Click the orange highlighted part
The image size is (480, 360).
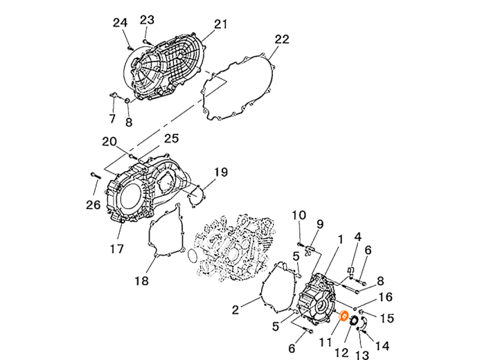tap(344, 316)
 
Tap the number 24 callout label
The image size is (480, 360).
tap(120, 23)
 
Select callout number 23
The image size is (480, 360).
tap(147, 20)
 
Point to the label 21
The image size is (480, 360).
tap(220, 24)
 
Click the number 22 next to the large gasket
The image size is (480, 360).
tap(282, 39)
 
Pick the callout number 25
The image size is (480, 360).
tap(171, 138)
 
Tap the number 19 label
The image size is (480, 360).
tap(221, 172)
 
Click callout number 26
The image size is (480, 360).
tap(94, 205)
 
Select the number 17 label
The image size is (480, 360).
tap(116, 249)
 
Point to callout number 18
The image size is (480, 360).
tap(142, 280)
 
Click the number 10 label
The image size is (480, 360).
tap(299, 215)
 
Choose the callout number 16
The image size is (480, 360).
tap(385, 297)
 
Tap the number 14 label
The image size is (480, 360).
tap(382, 346)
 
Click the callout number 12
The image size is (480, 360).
tap(342, 353)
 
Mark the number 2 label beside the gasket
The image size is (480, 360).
tap(235, 310)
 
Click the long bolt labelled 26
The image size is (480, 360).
tap(96, 176)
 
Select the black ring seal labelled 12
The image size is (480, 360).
tap(354, 321)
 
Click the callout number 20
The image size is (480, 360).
tap(109, 142)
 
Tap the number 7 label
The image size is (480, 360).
tap(112, 118)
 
